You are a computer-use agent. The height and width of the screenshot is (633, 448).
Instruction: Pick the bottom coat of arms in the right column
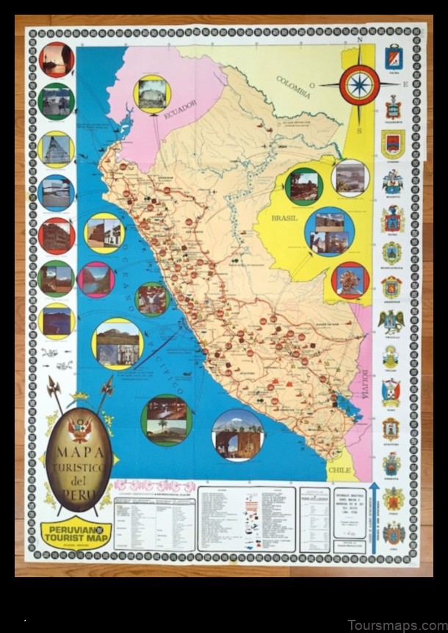(394, 532)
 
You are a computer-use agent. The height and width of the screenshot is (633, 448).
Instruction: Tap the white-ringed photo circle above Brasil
(349, 178)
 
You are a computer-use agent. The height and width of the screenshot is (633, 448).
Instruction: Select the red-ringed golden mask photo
(349, 281)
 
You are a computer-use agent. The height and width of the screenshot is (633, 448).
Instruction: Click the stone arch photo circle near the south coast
(237, 435)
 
